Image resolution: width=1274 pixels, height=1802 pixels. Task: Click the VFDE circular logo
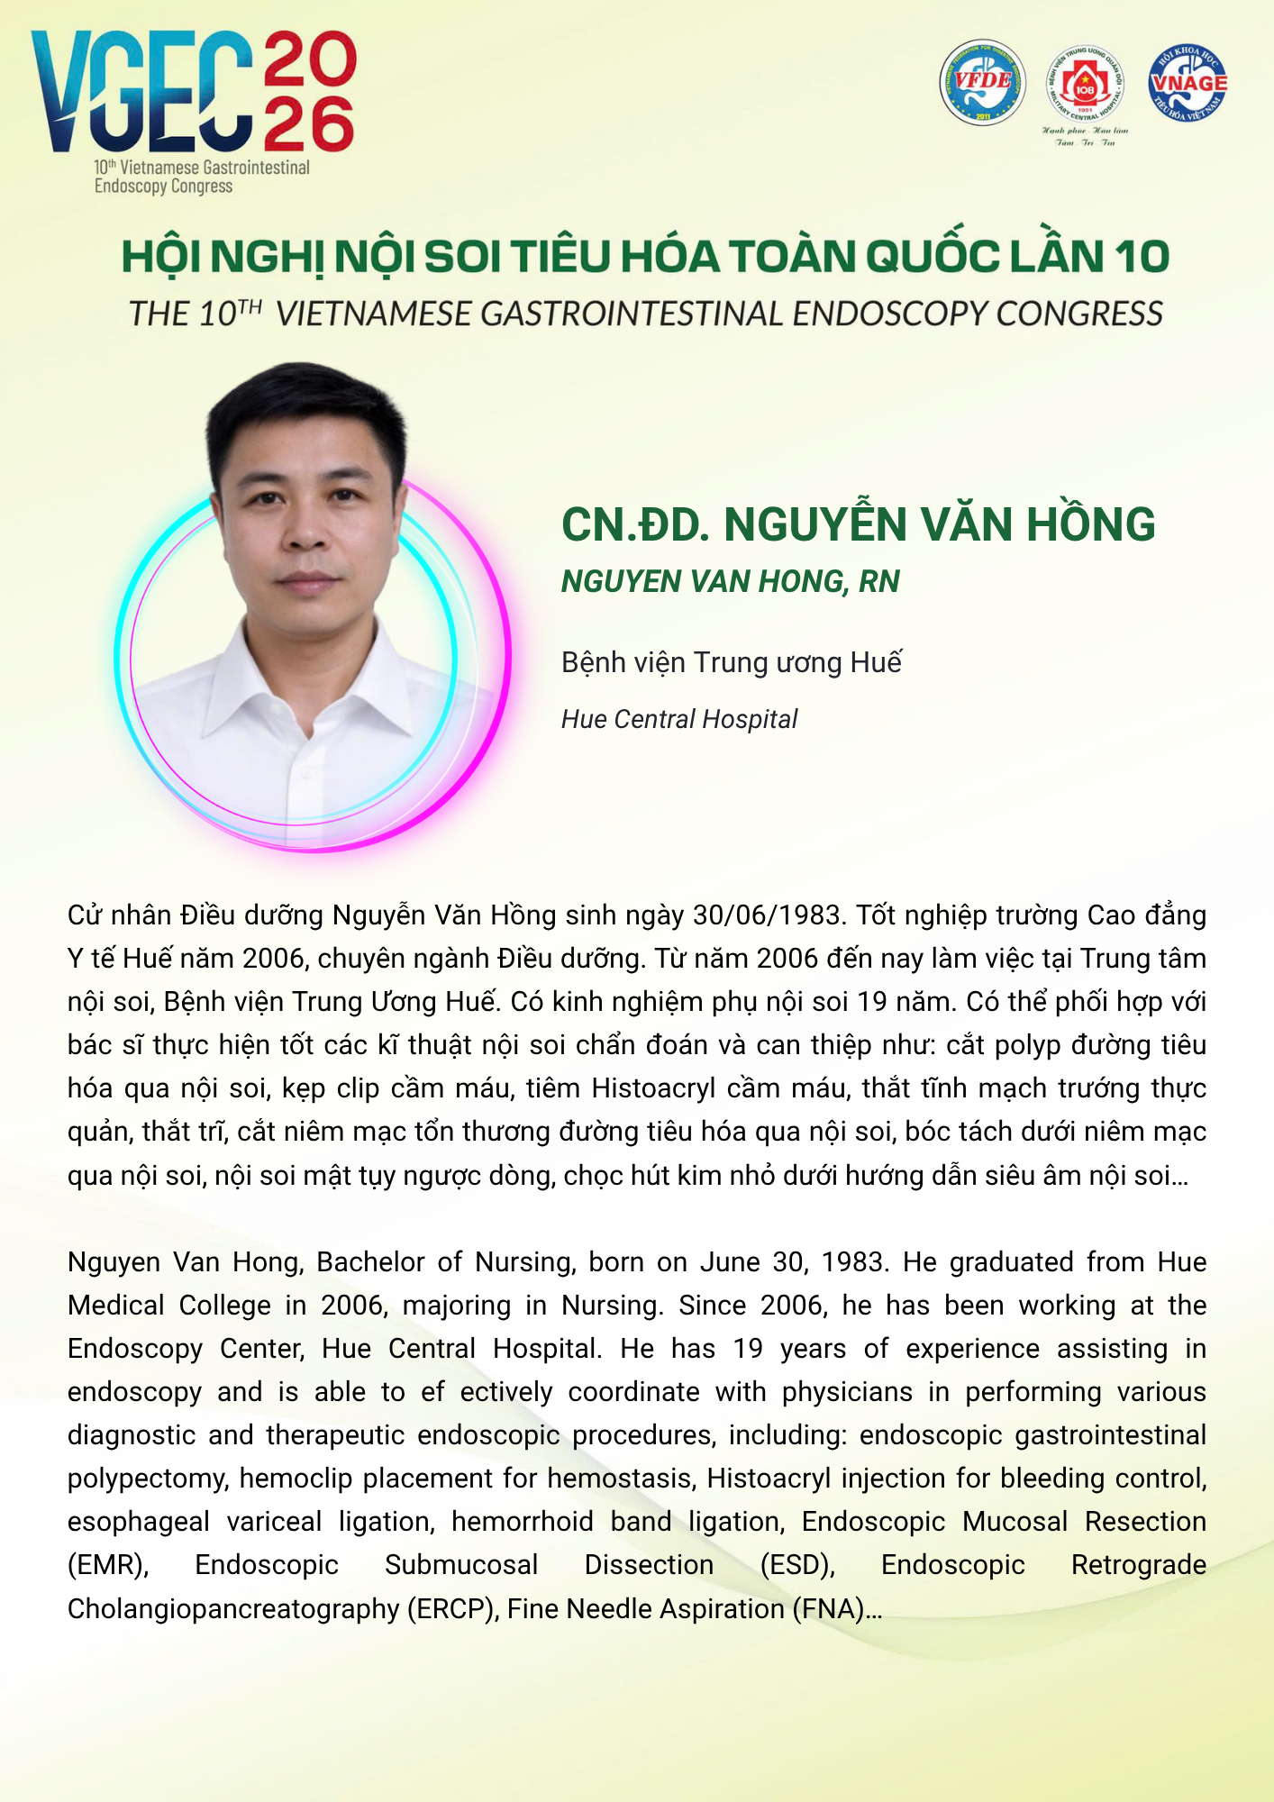click(x=982, y=82)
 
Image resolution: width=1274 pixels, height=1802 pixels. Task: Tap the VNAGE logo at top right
click(x=1188, y=82)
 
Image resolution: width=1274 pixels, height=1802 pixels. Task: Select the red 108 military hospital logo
click(x=1085, y=86)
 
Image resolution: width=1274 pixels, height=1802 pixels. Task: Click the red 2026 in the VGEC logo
click(x=310, y=92)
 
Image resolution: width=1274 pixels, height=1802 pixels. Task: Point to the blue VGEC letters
click(x=141, y=92)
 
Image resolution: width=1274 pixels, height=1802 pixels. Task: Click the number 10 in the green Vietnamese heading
click(x=1142, y=257)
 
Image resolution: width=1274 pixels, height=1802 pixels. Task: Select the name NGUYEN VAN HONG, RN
click(x=730, y=582)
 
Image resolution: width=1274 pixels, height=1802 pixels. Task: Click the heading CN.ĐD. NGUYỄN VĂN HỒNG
click(x=858, y=524)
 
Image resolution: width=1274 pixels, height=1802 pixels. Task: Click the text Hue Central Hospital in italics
click(x=678, y=719)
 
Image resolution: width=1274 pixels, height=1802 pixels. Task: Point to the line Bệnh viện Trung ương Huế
click(x=731, y=662)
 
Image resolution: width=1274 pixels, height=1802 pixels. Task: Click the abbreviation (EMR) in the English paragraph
click(x=108, y=1565)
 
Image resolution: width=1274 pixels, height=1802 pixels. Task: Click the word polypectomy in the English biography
click(x=148, y=1479)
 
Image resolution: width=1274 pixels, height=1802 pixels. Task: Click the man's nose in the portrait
click(x=308, y=532)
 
